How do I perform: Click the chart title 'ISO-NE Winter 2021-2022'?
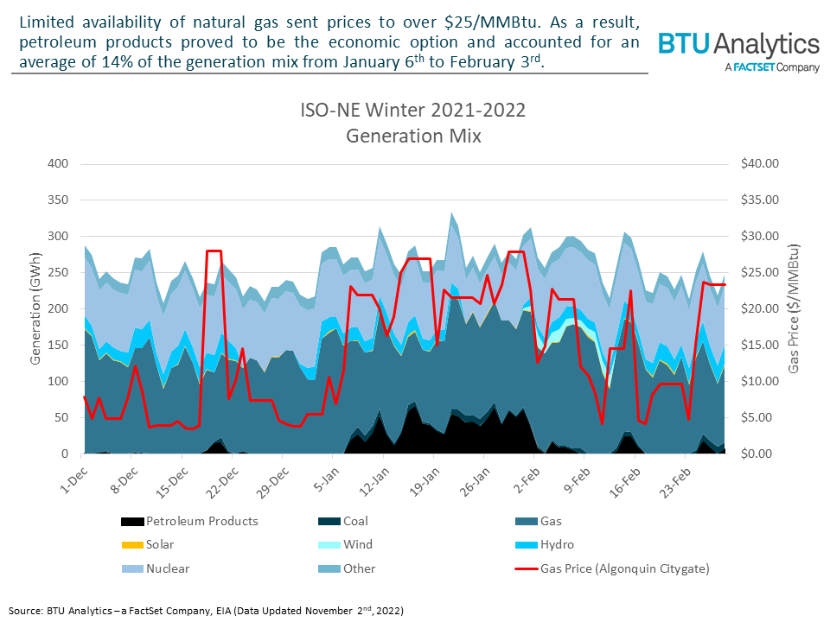tap(412, 112)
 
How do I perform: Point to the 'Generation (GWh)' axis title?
tap(36, 308)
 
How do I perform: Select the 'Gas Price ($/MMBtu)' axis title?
tap(793, 308)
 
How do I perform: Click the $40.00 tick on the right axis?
tap(761, 163)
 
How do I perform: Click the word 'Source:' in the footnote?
tap(25, 610)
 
